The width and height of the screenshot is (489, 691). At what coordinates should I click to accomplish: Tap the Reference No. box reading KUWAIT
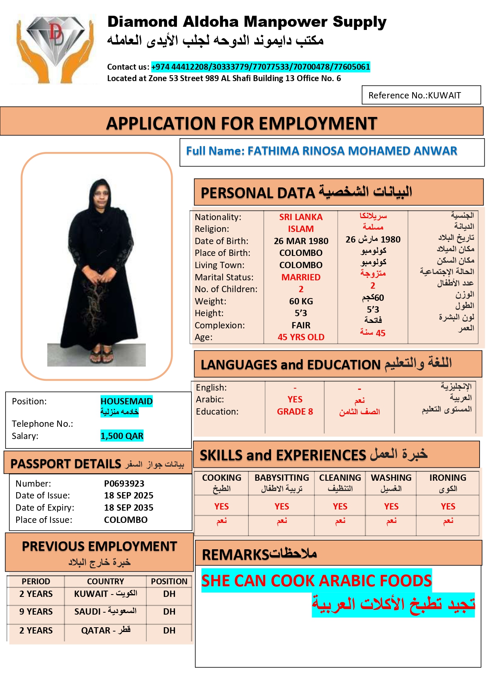(421, 95)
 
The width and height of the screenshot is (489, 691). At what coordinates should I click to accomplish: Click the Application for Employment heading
(242, 123)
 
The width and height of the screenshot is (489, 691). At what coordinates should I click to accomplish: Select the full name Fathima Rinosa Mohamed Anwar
(322, 151)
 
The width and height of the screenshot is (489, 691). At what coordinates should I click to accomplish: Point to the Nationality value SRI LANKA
(301, 217)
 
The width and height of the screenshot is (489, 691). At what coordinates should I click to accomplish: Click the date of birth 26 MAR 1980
(301, 241)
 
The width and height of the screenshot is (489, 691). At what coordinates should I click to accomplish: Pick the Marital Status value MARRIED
(301, 277)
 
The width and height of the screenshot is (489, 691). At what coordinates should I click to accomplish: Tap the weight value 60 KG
(301, 301)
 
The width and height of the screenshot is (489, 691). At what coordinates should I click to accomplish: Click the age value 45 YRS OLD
(301, 337)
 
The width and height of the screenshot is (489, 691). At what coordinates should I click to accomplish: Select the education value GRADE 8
(295, 411)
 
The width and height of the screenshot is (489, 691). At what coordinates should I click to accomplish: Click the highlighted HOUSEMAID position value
(126, 401)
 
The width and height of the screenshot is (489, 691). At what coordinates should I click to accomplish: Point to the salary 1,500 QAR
(122, 436)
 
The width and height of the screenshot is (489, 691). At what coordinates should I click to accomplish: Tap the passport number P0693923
(124, 484)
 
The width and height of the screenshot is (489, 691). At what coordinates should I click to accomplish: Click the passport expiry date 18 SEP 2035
(128, 508)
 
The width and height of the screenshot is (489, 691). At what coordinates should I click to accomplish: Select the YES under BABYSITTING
(282, 506)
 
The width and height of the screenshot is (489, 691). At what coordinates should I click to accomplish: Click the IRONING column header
(448, 478)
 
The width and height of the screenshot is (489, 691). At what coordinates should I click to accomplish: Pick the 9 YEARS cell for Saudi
(36, 611)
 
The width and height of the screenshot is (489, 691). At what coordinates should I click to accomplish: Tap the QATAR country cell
(105, 630)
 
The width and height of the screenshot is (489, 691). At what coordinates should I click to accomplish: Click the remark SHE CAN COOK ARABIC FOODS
(316, 581)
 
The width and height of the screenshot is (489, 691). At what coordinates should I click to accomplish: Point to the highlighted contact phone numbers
(260, 67)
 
